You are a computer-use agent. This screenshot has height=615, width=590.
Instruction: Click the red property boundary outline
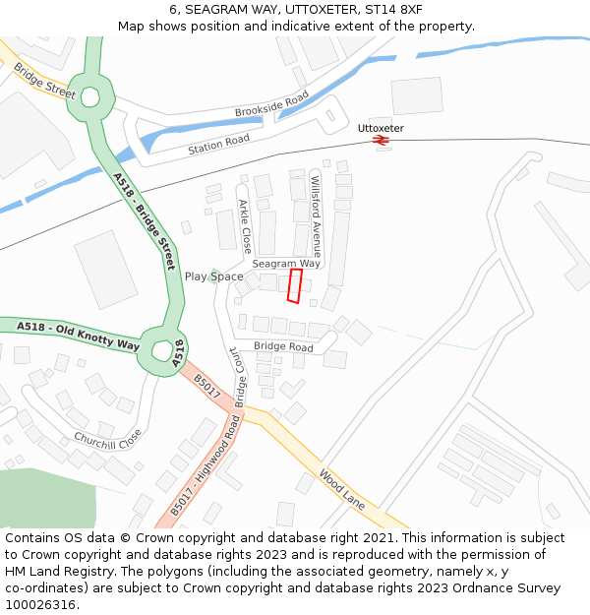pos(294,285)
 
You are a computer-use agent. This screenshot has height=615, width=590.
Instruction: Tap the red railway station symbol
pos(381,141)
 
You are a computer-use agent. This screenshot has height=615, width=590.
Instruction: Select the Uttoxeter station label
pos(381,128)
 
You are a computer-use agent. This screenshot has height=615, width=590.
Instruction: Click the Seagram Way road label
pos(286,264)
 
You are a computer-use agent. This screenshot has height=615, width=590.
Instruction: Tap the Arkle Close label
pos(245,226)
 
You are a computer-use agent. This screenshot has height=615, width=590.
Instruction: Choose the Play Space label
pos(214,277)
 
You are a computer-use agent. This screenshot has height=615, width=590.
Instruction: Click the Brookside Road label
pos(271,104)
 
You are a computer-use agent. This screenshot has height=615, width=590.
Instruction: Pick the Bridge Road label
pos(283,347)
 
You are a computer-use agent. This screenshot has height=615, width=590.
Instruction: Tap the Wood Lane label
pos(341,487)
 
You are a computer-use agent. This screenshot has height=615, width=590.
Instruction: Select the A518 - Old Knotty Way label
pos(79,336)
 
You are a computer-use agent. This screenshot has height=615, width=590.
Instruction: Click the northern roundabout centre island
pos(91,97)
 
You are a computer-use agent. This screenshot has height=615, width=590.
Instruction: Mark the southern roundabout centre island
pos(159,347)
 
